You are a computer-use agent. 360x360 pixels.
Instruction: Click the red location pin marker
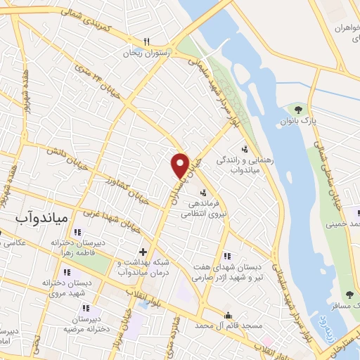coord(181,165)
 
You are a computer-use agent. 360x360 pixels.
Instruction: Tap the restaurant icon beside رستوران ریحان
coord(146,41)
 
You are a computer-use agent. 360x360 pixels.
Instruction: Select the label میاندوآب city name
coord(41,219)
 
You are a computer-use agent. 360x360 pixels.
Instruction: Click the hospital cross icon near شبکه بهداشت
coord(143,251)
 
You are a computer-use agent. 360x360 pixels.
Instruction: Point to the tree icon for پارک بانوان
coord(299,109)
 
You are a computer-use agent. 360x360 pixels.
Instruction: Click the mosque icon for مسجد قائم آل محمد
coord(228,316)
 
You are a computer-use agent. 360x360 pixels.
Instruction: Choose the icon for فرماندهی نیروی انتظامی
coord(204,193)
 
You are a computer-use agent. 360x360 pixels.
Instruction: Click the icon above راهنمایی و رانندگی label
coord(244,148)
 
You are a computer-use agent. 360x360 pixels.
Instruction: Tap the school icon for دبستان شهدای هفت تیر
coord(226,256)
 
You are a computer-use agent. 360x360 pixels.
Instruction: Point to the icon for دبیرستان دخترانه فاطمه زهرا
coord(78,231)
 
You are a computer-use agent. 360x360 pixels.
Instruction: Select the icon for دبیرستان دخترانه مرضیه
coord(86,307)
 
